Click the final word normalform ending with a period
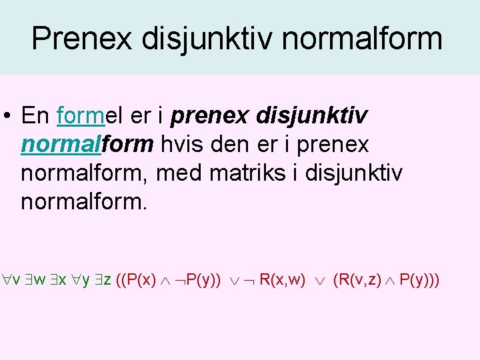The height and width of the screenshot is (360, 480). pos(83,200)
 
